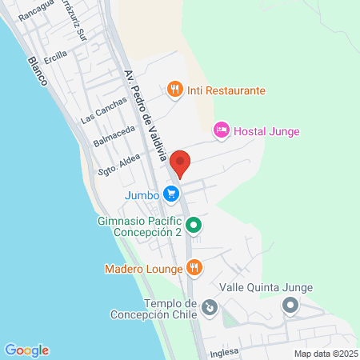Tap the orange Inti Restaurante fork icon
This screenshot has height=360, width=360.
(175, 90)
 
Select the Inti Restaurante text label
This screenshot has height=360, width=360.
(226, 90)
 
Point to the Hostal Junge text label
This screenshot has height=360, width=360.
(267, 130)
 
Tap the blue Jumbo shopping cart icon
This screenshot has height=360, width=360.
(170, 194)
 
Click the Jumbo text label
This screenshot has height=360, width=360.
(140, 194)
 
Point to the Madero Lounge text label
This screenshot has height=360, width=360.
(144, 269)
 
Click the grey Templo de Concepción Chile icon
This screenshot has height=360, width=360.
(209, 306)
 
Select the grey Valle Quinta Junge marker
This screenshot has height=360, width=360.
(290, 305)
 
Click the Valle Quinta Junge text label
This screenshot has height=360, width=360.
(266, 288)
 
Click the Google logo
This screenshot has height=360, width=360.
(26, 350)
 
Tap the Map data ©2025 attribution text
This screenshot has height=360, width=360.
(324, 353)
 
